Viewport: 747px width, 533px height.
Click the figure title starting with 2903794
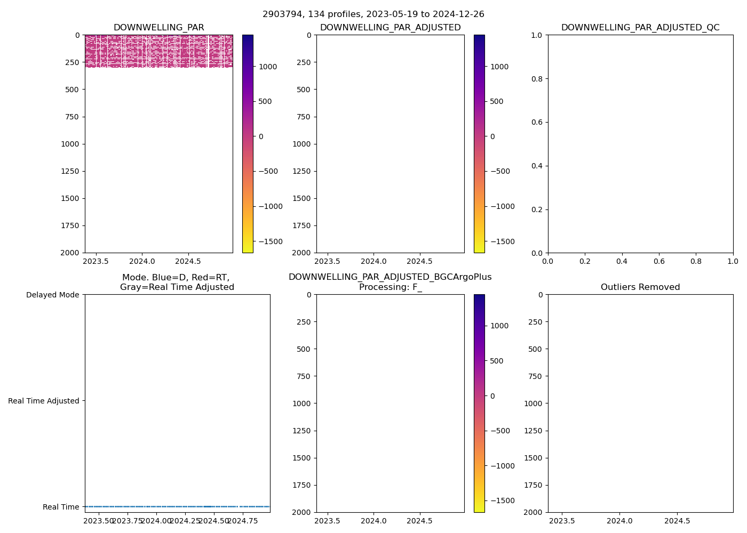point(373,14)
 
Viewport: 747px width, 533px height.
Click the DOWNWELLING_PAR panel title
point(158,28)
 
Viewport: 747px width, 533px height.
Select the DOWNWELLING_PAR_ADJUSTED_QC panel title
point(640,28)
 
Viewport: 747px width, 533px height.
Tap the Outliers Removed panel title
point(640,287)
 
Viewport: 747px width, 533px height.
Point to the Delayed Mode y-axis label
point(52,295)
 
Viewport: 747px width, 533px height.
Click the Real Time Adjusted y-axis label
point(44,401)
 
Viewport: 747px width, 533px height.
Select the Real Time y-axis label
point(61,507)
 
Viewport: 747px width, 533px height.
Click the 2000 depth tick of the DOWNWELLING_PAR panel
point(70,253)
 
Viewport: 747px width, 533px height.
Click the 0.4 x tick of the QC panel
point(622,262)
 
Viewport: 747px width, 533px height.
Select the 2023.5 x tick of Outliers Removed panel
point(562,521)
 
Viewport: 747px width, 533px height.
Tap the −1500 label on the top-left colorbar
point(271,241)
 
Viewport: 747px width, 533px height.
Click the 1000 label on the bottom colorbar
point(499,326)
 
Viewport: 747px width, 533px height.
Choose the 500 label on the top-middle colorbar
point(496,101)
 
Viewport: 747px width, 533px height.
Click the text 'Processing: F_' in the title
point(390,287)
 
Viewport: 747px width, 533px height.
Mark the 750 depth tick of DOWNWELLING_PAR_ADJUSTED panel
point(304,117)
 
